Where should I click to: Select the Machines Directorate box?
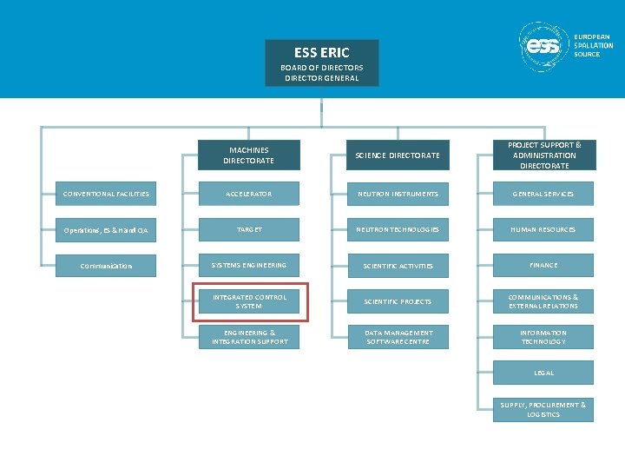pyautogui.click(x=248, y=155)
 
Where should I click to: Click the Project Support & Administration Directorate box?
pyautogui.click(x=544, y=155)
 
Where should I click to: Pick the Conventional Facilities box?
pyautogui.click(x=106, y=194)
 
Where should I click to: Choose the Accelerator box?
pyautogui.click(x=248, y=194)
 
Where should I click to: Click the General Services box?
pyautogui.click(x=544, y=194)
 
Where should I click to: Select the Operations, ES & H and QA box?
pyautogui.click(x=106, y=230)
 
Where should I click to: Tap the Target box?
pyautogui.click(x=248, y=229)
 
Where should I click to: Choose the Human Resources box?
pyautogui.click(x=544, y=229)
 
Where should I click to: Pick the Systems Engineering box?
pyautogui.click(x=248, y=265)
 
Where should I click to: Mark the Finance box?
pyautogui.click(x=544, y=265)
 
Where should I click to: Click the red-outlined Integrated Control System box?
pyautogui.click(x=248, y=301)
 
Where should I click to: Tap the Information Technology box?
pyautogui.click(x=544, y=337)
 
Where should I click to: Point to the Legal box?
pyautogui.click(x=544, y=373)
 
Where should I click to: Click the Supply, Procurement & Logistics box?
pyautogui.click(x=544, y=409)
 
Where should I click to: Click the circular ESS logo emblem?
pyautogui.click(x=544, y=46)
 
